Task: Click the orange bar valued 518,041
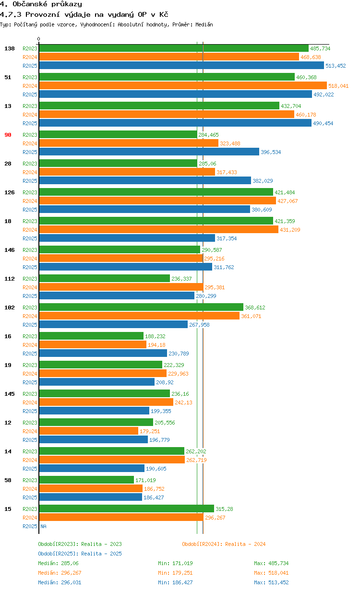pyautogui.click(x=182, y=85)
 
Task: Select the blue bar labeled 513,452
pyautogui.click(x=181, y=65)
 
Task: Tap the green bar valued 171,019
pyautogui.click(x=86, y=480)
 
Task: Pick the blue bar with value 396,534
pyautogui.click(x=149, y=152)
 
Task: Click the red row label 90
pyautogui.click(x=8, y=135)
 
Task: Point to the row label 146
pyautogui.click(x=10, y=250)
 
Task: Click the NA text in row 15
pyautogui.click(x=43, y=526)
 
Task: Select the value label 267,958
pyautogui.click(x=199, y=325)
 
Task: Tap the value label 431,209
pyautogui.click(x=290, y=230)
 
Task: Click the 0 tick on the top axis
pyautogui.click(x=39, y=39)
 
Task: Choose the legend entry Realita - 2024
pyautogui.click(x=224, y=544)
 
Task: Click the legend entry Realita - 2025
pyautogui.click(x=80, y=554)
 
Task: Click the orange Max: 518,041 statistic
pyautogui.click(x=271, y=573)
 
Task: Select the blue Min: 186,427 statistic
pyautogui.click(x=175, y=582)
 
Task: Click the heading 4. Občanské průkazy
pyautogui.click(x=41, y=4)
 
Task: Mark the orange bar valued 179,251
pyautogui.click(x=88, y=431)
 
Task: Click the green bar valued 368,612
pyautogui.click(x=141, y=307)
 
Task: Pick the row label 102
pyautogui.click(x=10, y=307)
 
